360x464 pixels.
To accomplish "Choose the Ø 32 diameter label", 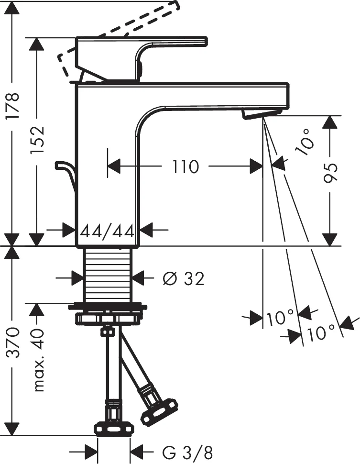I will [183, 278].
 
